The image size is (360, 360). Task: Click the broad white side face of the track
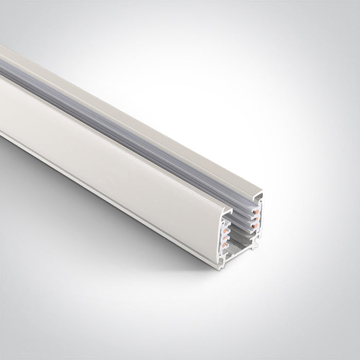(x=113, y=144)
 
